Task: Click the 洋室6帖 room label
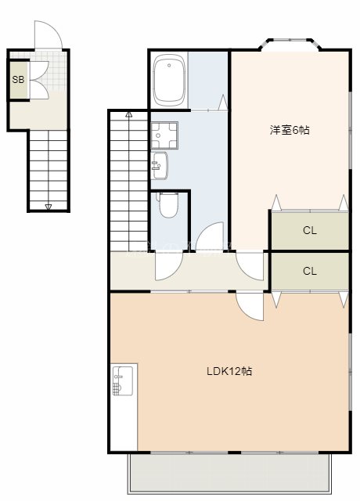pos(290,131)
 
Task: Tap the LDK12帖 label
pos(230,370)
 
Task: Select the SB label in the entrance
pos(16,79)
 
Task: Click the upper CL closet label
pos(310,230)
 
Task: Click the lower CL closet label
pos(310,271)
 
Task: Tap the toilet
pos(167,206)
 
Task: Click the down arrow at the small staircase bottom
pos(49,206)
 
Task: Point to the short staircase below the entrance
pos(49,168)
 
